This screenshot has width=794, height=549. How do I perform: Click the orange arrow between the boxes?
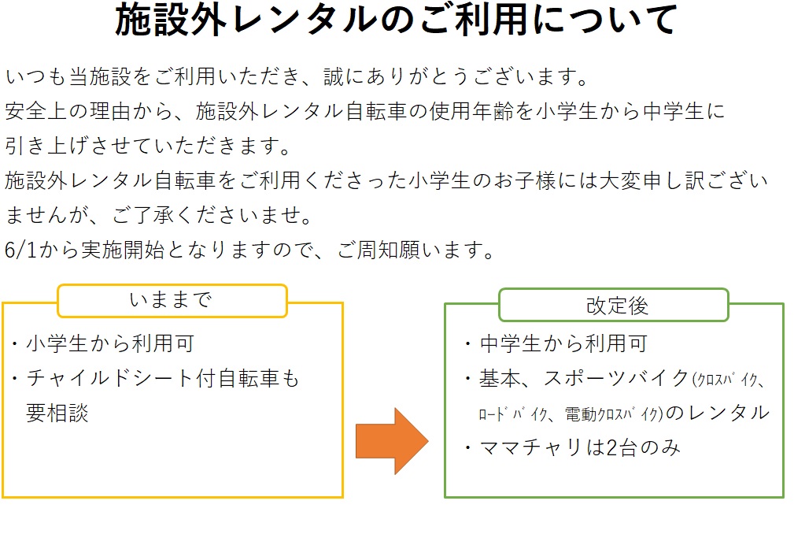click(x=391, y=441)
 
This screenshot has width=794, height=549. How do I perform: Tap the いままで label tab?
click(x=172, y=300)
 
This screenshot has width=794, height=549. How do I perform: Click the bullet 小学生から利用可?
click(x=109, y=343)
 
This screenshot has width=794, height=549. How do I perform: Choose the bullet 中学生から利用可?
click(x=563, y=343)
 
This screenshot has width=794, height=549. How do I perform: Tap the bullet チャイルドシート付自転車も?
click(x=163, y=379)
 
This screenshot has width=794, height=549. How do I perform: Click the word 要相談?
click(x=57, y=414)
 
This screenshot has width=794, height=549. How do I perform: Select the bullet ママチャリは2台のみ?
click(x=579, y=448)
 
